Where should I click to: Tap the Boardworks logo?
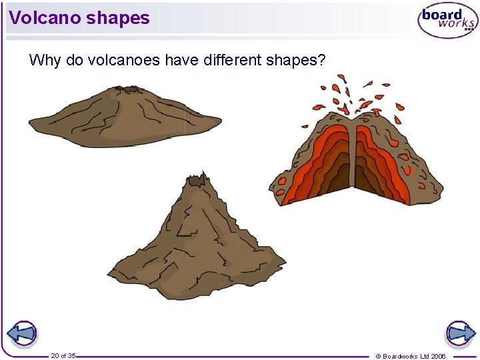point(447,21)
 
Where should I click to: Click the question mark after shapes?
point(322,61)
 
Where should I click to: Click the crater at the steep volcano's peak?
point(197,178)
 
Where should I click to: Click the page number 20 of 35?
point(63,355)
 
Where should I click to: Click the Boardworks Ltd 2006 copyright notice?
point(411,356)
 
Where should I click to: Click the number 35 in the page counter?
point(72,355)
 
